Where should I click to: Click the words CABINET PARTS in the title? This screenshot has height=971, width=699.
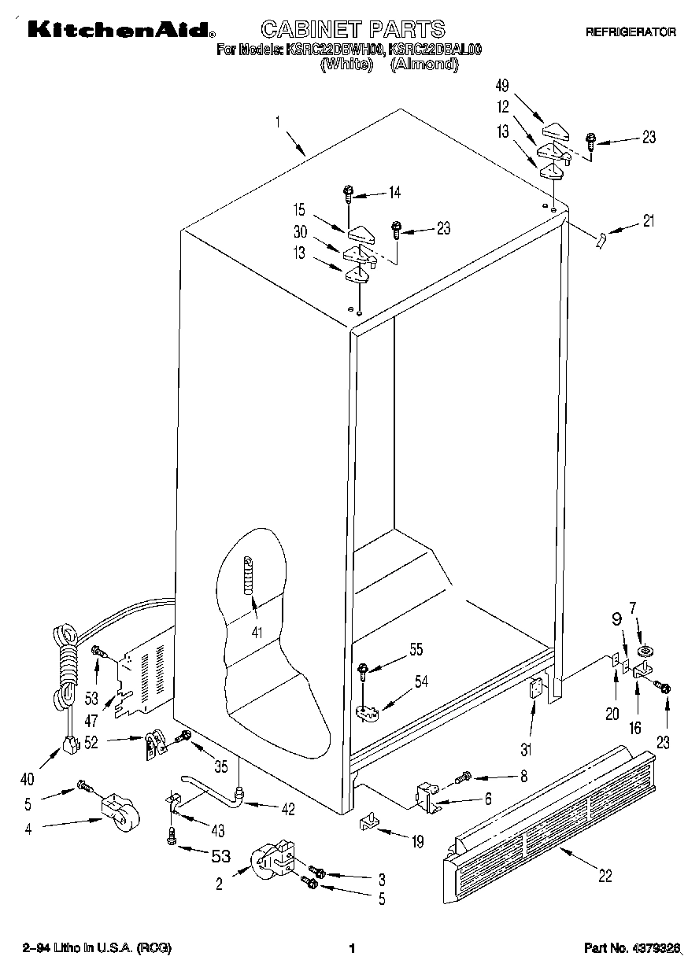pyautogui.click(x=352, y=30)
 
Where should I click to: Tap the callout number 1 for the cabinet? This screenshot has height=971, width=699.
pyautogui.click(x=278, y=122)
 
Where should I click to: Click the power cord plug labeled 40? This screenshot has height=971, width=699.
pyautogui.click(x=72, y=743)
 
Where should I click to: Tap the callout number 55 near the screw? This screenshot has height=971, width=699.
pyautogui.click(x=416, y=649)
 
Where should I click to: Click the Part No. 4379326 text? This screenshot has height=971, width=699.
pyautogui.click(x=632, y=947)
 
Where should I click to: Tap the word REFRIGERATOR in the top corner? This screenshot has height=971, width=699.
pyautogui.click(x=630, y=32)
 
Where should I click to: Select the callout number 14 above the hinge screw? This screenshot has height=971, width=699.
pyautogui.click(x=394, y=191)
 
